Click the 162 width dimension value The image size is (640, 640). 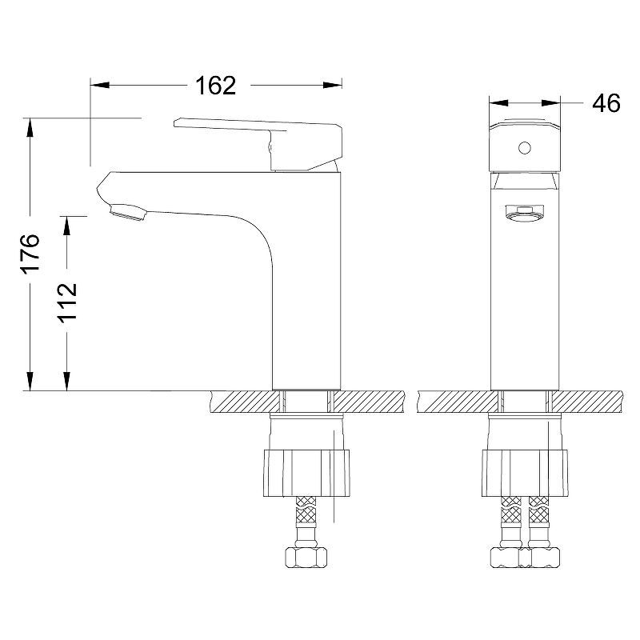(215, 86)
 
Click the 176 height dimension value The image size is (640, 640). (30, 253)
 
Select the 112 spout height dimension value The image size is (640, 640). (66, 302)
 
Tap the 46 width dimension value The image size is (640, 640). (606, 103)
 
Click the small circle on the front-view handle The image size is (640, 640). (525, 147)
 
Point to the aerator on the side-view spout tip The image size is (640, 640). (128, 212)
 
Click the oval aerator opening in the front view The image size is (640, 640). (525, 213)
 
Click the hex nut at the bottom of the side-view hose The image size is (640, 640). (306, 557)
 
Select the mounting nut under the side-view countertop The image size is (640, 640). (306, 473)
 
